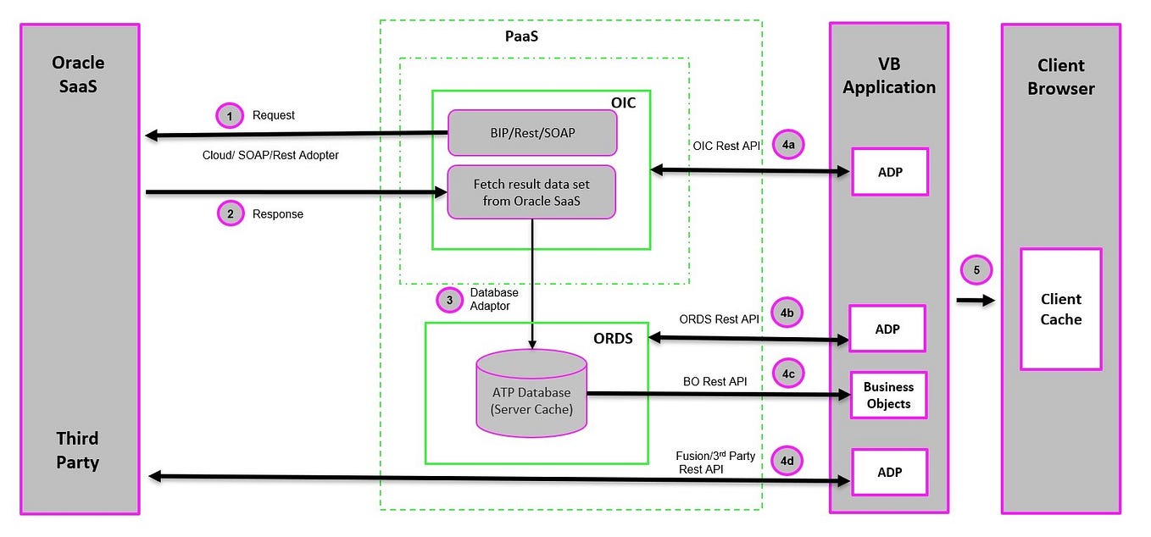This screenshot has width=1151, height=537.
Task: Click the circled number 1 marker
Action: coord(229,114)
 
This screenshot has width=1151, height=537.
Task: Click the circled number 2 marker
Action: coord(229,213)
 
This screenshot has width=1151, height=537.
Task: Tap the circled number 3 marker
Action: coord(449,299)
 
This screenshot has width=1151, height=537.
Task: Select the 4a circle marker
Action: coord(788,146)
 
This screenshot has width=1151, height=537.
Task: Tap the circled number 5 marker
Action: coord(976,271)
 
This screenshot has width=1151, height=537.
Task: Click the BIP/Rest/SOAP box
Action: coord(531,132)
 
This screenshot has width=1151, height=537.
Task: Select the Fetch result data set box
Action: coord(531,192)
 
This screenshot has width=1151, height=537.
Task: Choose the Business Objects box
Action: coord(888,396)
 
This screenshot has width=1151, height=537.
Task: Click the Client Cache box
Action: coord(1060,309)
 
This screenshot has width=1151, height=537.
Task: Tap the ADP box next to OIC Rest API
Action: coord(889,172)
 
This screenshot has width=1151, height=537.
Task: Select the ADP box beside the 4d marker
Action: coord(889,472)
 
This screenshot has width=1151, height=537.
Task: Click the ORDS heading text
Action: coord(613,340)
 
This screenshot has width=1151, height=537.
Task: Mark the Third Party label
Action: coord(78,450)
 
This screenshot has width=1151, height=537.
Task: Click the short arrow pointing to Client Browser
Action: coord(976,300)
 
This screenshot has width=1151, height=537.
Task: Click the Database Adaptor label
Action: coord(494,299)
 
